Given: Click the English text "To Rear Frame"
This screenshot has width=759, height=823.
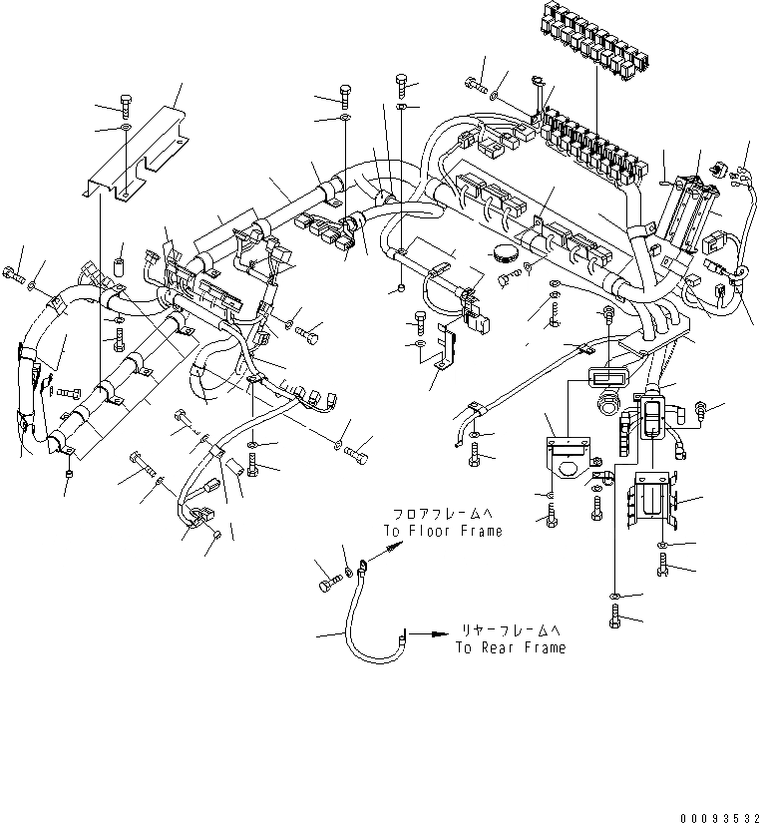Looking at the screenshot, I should pos(511,647).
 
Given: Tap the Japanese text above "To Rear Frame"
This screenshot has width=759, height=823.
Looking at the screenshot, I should pos(511,630).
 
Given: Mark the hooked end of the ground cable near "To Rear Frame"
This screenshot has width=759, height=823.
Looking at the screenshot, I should pos(402,633).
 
